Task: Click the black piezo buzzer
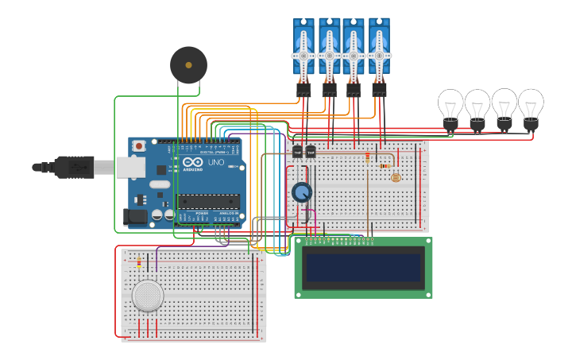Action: click(188, 64)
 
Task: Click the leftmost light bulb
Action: click(450, 106)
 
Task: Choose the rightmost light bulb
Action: click(531, 106)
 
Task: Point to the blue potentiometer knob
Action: click(302, 192)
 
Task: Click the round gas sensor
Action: click(148, 296)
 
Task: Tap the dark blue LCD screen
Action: click(364, 268)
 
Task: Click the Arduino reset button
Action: click(139, 145)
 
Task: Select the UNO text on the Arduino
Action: click(216, 162)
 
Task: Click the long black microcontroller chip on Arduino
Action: click(208, 201)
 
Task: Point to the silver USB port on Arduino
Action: click(130, 167)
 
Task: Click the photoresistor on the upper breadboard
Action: click(396, 177)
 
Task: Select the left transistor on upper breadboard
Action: click(297, 151)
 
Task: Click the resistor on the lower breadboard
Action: click(139, 262)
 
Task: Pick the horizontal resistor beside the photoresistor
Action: click(385, 166)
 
